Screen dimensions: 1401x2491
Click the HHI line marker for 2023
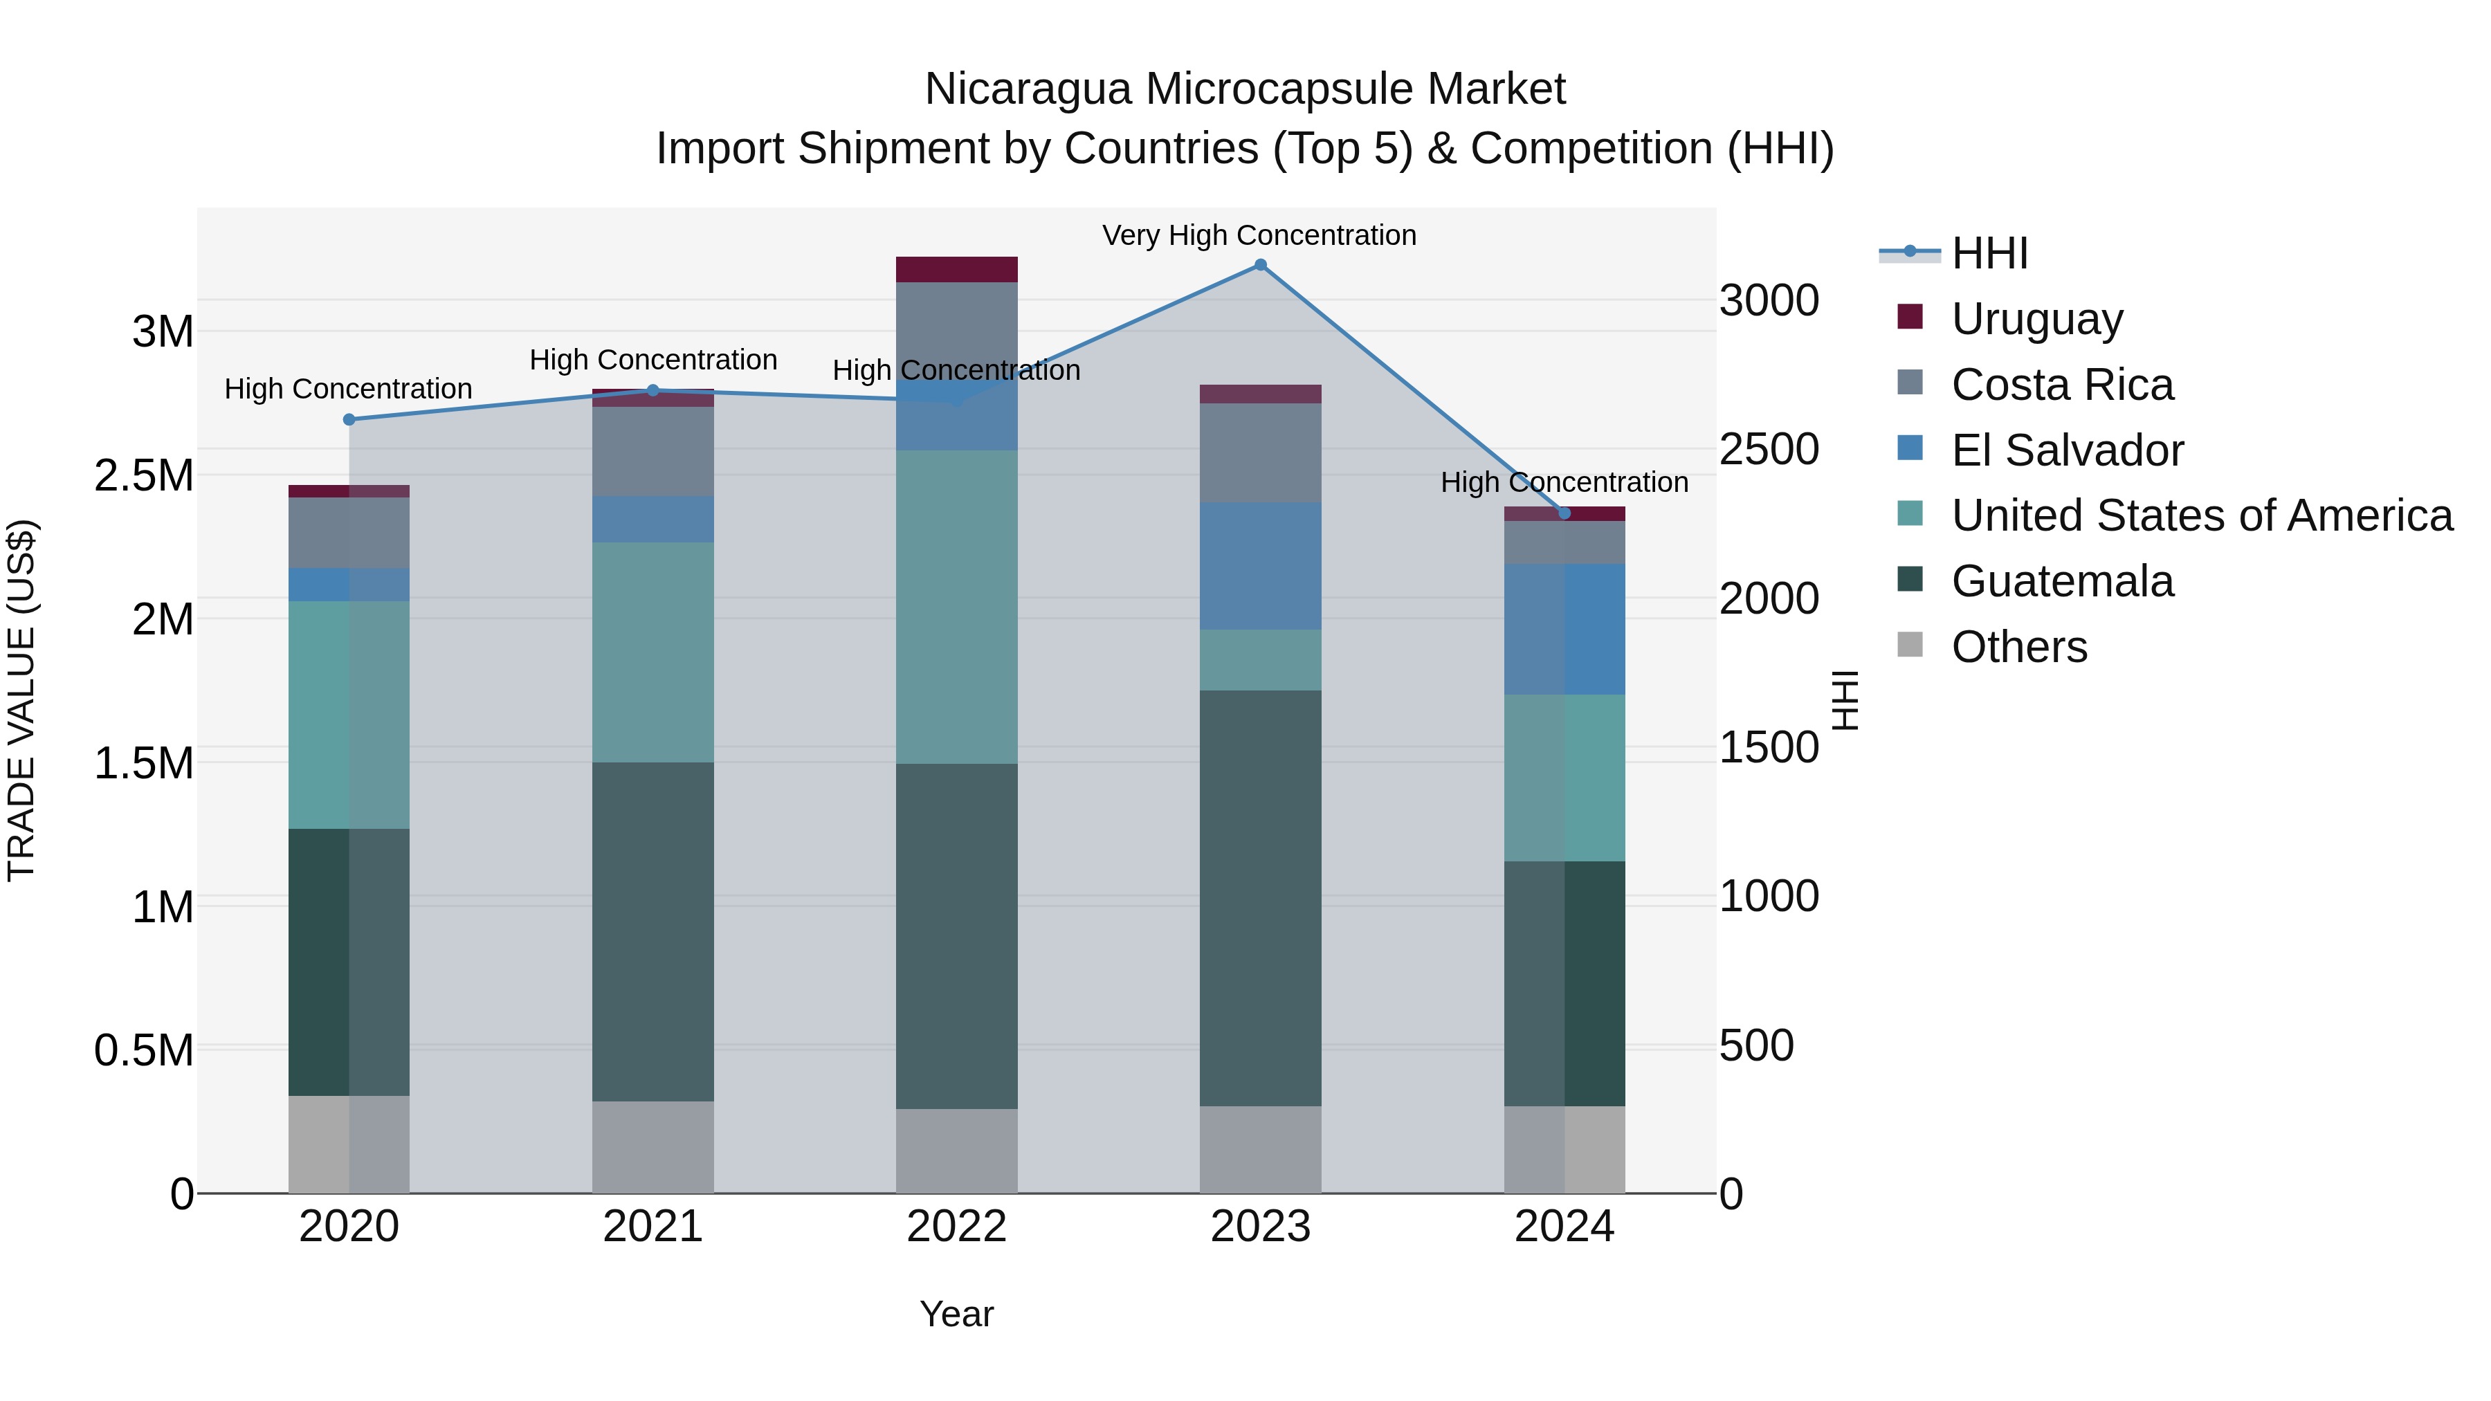[1260, 265]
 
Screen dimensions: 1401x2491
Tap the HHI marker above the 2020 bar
[349, 420]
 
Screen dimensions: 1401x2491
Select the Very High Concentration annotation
[1259, 236]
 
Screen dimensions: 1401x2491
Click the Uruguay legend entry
[2036, 319]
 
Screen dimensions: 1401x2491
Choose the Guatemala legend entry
[2062, 582]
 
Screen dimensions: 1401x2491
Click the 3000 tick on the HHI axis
[1769, 301]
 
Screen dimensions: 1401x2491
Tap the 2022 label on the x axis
[956, 1227]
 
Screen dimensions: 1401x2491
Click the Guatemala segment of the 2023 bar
[1260, 897]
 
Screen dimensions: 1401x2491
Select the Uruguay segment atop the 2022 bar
[956, 270]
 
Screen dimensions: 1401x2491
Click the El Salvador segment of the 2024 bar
[1564, 630]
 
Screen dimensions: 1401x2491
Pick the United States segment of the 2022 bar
[956, 607]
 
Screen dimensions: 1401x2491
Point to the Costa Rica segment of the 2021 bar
[653, 452]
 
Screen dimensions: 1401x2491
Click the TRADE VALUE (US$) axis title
[21, 700]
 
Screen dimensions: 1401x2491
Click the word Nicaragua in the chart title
[1027, 90]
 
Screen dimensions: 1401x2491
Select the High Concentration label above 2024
[1564, 482]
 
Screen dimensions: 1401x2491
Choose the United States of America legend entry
[2201, 516]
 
